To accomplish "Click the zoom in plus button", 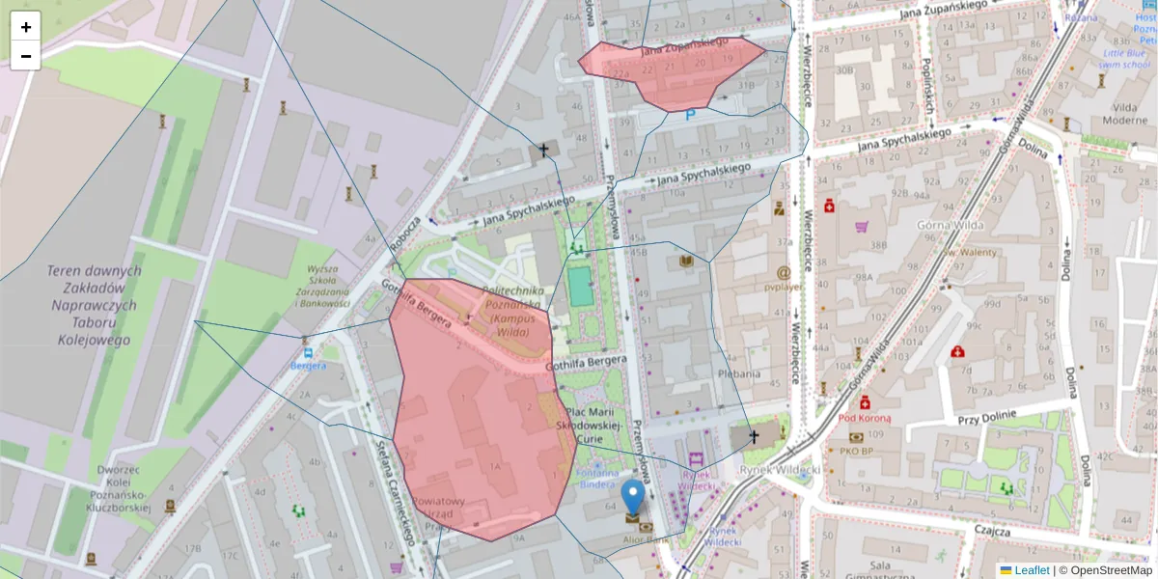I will pos(26,27).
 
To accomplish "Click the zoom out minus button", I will pos(26,56).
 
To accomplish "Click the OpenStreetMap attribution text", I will pos(1105,570).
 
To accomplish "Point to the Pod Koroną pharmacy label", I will pos(864,419).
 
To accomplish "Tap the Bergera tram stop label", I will pos(309,366).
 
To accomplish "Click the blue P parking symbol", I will pos(690,116).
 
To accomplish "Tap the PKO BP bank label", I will pos(855,451).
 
